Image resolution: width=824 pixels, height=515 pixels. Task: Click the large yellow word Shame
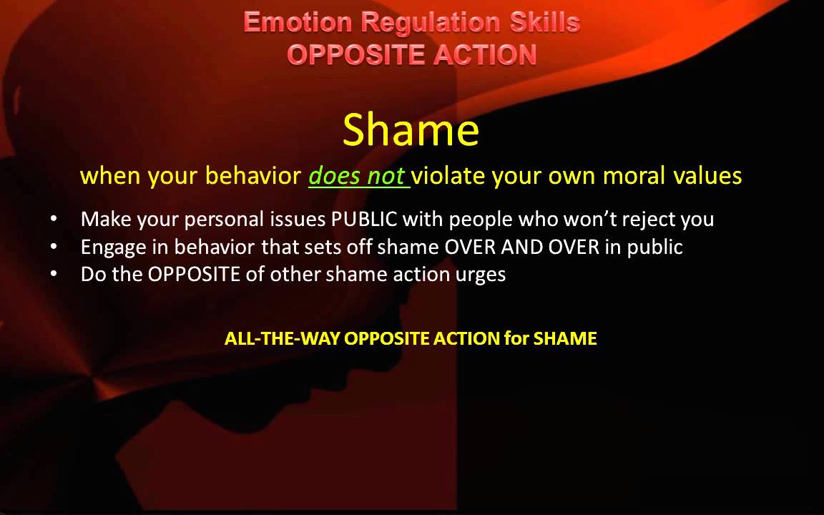[x=411, y=130]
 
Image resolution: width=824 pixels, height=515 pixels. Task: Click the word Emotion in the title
[x=298, y=22]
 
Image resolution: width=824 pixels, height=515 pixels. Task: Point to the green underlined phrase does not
[x=357, y=175]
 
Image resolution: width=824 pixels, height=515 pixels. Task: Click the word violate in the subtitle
[x=448, y=175]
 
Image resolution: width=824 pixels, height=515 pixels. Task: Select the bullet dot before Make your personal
[x=55, y=219]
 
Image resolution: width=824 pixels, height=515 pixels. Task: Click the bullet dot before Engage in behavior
[x=55, y=247]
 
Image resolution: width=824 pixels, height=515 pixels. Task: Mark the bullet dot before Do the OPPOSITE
[x=55, y=274]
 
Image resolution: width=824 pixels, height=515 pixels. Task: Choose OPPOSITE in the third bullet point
[x=194, y=274]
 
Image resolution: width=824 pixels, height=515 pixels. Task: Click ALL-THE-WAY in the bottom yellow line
[x=283, y=338]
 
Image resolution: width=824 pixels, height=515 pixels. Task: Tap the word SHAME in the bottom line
[x=565, y=338]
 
